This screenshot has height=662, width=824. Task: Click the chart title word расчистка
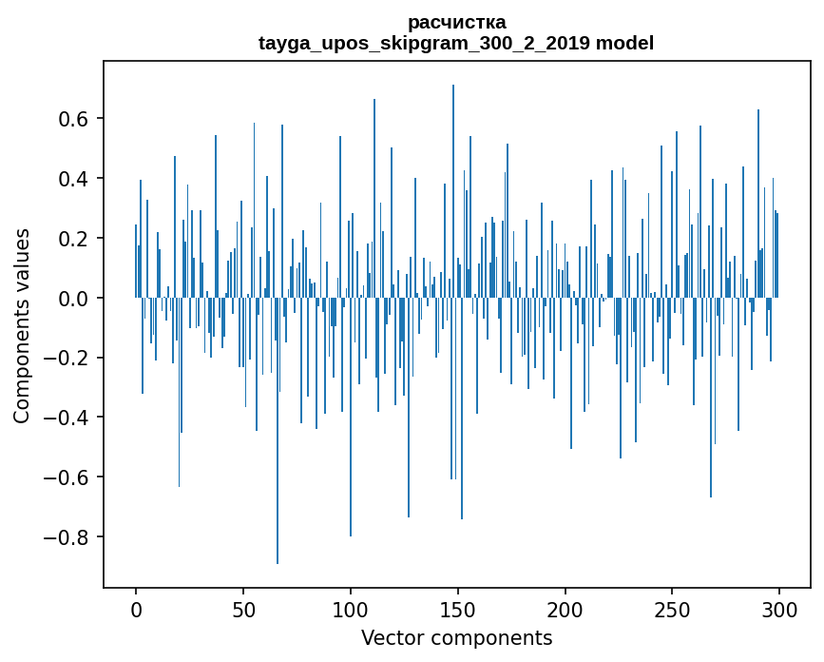(x=456, y=22)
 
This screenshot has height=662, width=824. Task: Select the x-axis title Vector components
(x=456, y=638)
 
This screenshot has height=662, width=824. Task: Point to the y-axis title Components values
(x=22, y=325)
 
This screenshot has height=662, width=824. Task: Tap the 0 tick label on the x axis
(x=136, y=610)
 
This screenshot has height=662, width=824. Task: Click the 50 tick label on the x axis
(x=243, y=610)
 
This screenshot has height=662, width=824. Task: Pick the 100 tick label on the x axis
(x=351, y=610)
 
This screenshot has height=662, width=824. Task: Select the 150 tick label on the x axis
(x=458, y=610)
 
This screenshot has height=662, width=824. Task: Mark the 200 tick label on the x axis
(x=565, y=610)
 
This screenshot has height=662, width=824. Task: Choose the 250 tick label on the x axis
(x=673, y=610)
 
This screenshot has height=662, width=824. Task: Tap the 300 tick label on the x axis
(x=780, y=610)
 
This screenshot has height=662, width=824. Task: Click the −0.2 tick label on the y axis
(x=67, y=359)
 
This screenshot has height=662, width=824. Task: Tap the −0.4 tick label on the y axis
(x=67, y=418)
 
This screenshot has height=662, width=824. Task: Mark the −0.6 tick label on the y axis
(x=67, y=477)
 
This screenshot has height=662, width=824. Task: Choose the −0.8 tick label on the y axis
(x=67, y=537)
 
